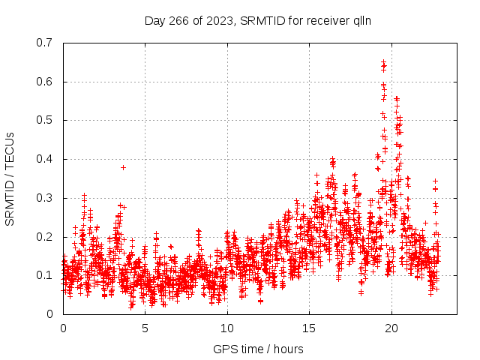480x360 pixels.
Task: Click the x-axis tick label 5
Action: (145, 328)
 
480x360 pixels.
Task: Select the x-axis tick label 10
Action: (227, 328)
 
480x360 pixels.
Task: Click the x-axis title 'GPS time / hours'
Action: (258, 349)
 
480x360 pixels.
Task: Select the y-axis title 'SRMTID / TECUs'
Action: (10, 178)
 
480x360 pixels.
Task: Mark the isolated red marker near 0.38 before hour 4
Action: (123, 167)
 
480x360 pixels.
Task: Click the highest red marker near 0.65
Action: (383, 62)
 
